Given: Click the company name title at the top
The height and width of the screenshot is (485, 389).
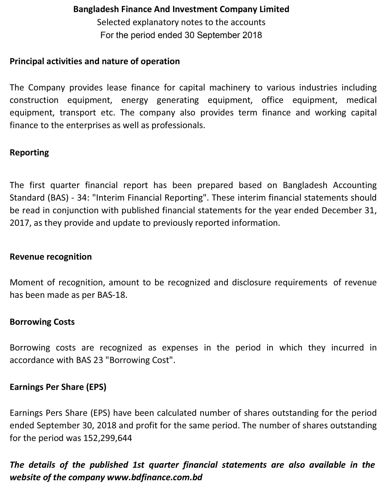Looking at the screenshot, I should click(x=181, y=9).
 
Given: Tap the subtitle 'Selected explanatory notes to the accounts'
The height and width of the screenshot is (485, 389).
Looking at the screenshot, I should click(x=181, y=22).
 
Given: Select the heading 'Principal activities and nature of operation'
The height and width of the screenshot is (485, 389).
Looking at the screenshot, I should click(x=95, y=61).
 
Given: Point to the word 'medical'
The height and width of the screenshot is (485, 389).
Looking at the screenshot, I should click(x=361, y=100).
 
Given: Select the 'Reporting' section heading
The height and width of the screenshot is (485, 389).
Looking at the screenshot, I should click(x=29, y=152).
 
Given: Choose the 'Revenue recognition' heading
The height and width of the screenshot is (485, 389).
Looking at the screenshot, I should click(x=51, y=257).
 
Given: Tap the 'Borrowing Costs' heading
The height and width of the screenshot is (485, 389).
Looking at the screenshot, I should click(x=42, y=322).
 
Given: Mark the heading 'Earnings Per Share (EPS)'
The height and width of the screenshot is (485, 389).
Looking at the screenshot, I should click(x=58, y=387).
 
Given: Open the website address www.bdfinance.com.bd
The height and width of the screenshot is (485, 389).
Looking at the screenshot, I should click(x=154, y=477).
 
